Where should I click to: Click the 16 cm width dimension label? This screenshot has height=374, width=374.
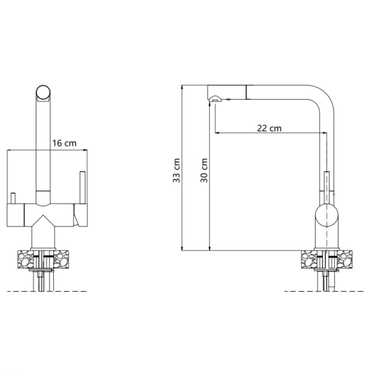64,143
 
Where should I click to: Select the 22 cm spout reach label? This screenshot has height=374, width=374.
269,128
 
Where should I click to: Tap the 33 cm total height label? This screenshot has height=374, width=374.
177,171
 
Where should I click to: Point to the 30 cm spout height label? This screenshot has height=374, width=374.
204,171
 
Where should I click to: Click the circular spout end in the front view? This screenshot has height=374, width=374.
43,92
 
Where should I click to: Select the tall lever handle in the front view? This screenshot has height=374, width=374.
83,187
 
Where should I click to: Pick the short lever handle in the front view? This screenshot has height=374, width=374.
13,198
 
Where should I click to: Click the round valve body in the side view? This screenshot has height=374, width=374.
327,215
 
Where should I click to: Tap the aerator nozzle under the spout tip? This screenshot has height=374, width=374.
214,101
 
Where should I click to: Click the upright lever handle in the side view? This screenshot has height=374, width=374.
327,187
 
